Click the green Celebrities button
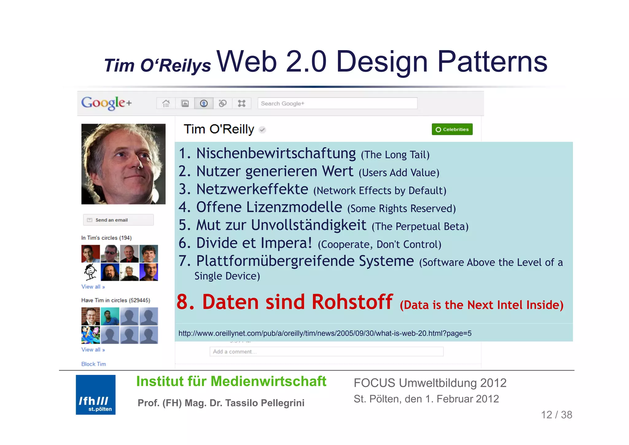coord(452,129)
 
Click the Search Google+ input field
coord(337,104)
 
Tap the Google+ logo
coord(106,103)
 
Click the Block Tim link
coord(93,364)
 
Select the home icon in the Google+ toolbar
coord(166,104)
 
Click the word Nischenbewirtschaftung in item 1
coord(275,153)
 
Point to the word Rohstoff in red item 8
coord(352,302)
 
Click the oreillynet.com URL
coord(325,333)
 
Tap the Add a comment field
coord(326,352)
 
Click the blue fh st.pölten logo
coord(96,395)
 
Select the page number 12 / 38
coord(556,415)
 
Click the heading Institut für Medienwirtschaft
coord(231,381)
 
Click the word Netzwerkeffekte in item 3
coord(252,189)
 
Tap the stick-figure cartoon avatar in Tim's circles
coord(90,272)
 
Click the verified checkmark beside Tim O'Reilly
coord(262,130)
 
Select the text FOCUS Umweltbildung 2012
coord(430,383)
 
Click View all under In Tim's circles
coord(93,287)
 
